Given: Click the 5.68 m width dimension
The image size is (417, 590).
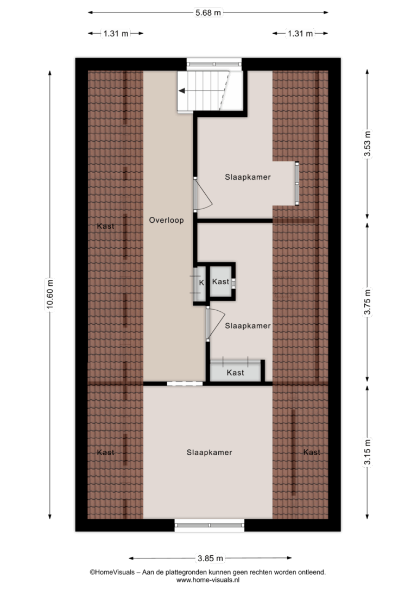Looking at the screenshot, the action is pyautogui.click(x=208, y=12).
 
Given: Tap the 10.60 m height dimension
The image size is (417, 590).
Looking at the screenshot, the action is pyautogui.click(x=50, y=294).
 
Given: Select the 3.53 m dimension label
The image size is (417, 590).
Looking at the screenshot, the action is pyautogui.click(x=367, y=143).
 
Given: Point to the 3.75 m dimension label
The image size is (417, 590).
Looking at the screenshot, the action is pyautogui.click(x=367, y=302).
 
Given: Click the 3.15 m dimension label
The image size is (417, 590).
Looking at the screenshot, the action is pyautogui.click(x=367, y=453).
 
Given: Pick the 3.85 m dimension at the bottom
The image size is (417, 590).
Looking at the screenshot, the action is pyautogui.click(x=210, y=558).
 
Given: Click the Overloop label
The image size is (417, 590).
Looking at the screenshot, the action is pyautogui.click(x=166, y=220).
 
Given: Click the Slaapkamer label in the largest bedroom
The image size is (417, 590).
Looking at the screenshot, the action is pyautogui.click(x=209, y=453).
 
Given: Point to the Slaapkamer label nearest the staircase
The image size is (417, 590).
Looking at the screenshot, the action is pyautogui.click(x=248, y=177).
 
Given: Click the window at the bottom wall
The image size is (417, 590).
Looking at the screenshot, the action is pyautogui.click(x=210, y=525).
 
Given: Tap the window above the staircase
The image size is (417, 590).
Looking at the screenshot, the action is pyautogui.click(x=214, y=64).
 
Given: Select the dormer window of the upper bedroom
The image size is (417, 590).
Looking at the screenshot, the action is pyautogui.click(x=296, y=183).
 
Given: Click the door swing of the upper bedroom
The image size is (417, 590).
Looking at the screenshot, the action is pyautogui.click(x=203, y=194).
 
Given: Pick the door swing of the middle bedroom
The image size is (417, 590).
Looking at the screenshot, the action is pyautogui.click(x=215, y=323).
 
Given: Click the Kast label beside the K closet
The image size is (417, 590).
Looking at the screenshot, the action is pyautogui.click(x=220, y=281).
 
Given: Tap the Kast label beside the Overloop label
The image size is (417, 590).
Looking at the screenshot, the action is pyautogui.click(x=105, y=226).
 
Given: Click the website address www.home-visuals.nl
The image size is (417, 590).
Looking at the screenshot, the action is pyautogui.click(x=207, y=580).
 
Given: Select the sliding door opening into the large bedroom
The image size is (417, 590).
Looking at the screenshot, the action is pyautogui.click(x=185, y=384).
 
